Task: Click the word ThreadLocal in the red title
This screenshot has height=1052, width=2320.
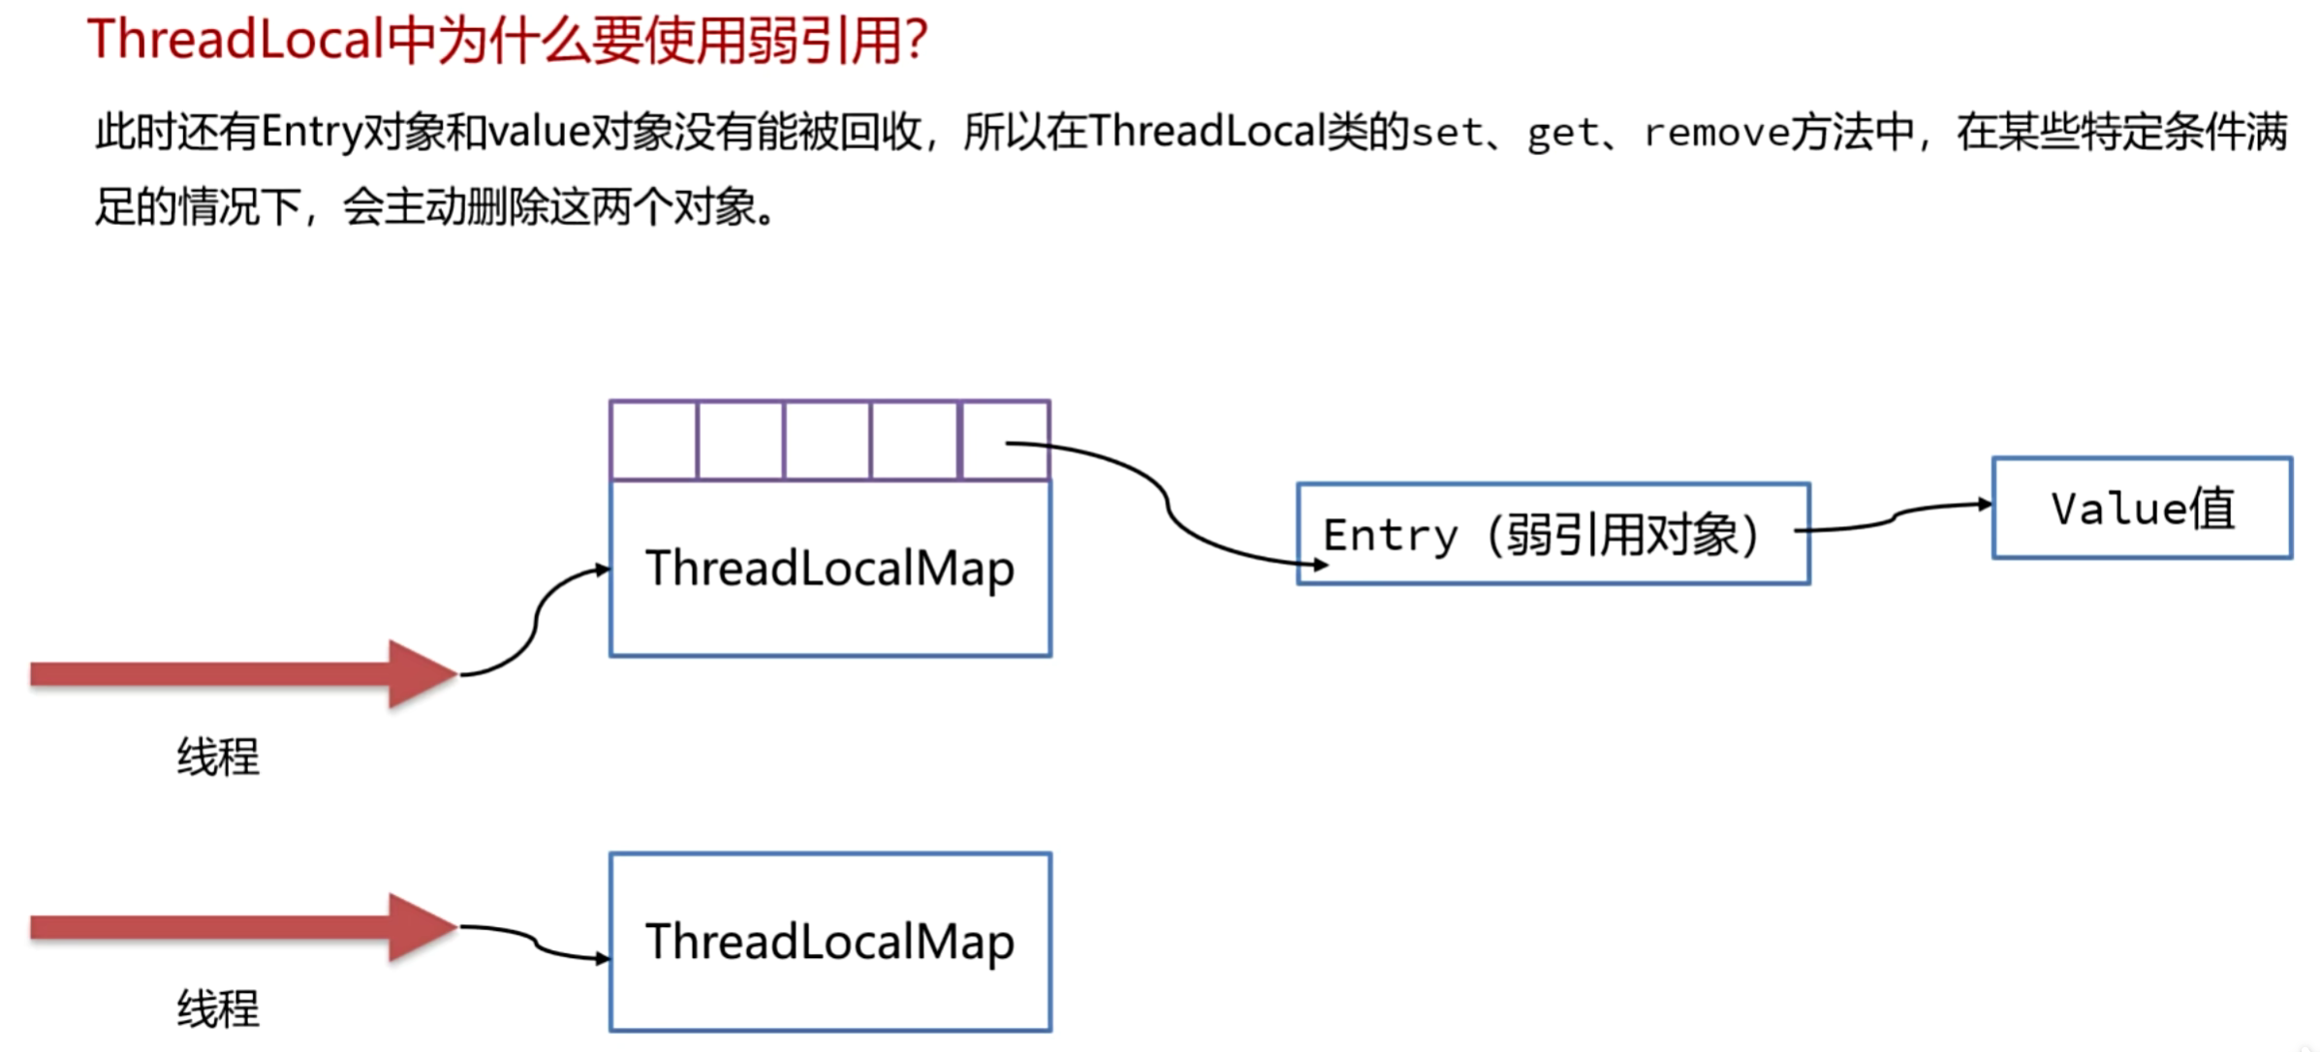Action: [x=235, y=41]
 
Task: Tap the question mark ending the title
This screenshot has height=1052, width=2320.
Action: [x=915, y=41]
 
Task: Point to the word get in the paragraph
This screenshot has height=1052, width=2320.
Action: [x=1562, y=132]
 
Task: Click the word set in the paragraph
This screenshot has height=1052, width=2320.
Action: [x=1447, y=132]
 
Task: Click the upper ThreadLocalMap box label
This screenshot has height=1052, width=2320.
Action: [x=830, y=569]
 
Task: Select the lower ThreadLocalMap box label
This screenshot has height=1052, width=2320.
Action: [x=830, y=942]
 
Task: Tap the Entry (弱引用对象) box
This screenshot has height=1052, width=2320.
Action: [x=1552, y=535]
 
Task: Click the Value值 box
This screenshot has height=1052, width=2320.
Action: [x=2142, y=509]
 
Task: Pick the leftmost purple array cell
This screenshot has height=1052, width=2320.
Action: [x=653, y=440]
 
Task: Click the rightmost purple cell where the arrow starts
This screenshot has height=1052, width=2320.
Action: [x=1005, y=441]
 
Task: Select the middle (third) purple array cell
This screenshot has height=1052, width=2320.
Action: [x=827, y=440]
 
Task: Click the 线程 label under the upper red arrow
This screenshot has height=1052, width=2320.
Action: [x=218, y=757]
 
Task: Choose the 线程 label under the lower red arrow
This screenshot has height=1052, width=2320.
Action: [x=218, y=1008]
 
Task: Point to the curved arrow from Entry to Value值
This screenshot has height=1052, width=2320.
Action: [x=1895, y=516]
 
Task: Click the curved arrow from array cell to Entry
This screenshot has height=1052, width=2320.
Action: [x=1167, y=504]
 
